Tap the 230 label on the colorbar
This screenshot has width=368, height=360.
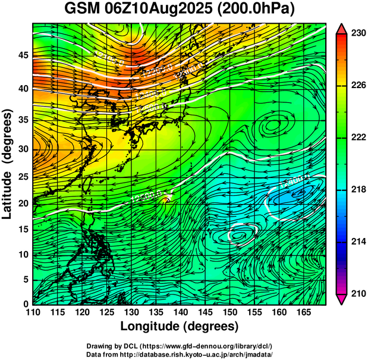(358, 33)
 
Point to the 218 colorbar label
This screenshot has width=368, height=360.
(358, 189)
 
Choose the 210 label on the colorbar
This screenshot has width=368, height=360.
(358, 293)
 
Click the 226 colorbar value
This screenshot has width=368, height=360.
(358, 86)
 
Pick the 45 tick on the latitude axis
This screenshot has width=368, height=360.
(22, 55)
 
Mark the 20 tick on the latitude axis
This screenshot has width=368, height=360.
(22, 203)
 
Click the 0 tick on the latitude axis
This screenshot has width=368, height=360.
(25, 303)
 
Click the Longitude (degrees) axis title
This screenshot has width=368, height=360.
(180, 326)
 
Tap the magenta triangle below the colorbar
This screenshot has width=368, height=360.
(342, 299)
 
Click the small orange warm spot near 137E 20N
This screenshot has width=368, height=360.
(166, 200)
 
